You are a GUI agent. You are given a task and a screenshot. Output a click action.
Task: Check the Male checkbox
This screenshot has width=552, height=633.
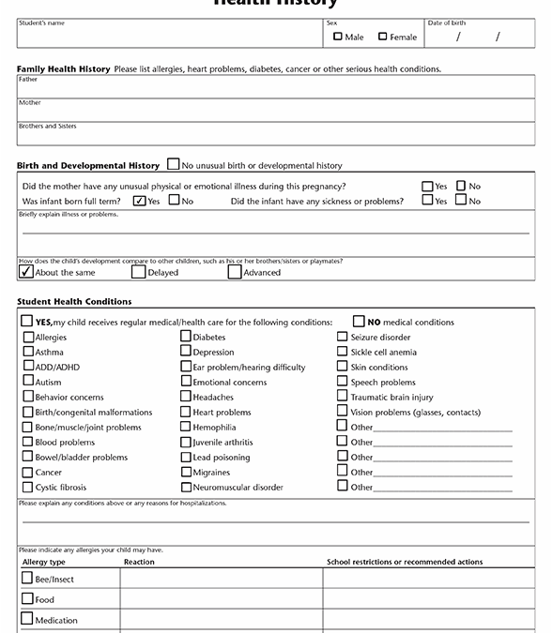point(338,37)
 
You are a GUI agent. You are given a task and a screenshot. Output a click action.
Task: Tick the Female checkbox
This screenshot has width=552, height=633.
point(383,37)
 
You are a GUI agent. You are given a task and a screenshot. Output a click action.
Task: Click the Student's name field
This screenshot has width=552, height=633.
point(169,37)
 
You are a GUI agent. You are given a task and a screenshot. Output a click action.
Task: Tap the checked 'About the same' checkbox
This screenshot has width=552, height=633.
point(25,272)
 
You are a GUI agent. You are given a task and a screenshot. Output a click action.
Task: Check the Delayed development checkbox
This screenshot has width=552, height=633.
point(138,272)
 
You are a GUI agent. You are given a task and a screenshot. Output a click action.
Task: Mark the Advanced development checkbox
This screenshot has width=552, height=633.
point(235,272)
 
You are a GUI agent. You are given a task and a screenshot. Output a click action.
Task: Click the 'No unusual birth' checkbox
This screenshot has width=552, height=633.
point(174,165)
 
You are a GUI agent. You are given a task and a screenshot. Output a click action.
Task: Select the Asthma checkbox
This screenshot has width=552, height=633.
point(27,353)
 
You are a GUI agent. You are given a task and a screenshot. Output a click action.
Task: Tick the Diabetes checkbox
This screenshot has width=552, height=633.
point(186,338)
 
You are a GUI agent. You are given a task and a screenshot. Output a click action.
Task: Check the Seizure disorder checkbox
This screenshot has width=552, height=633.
point(343,338)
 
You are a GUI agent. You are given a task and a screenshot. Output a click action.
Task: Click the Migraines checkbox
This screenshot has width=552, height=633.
point(186,473)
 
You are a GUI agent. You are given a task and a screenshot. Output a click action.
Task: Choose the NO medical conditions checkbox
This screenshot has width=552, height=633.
point(359,322)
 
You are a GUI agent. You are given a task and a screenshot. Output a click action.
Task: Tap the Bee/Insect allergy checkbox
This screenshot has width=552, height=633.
point(27,579)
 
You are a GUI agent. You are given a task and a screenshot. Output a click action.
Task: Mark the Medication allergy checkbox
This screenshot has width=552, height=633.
point(27,620)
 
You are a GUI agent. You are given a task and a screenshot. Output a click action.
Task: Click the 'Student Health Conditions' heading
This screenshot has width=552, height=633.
point(74,301)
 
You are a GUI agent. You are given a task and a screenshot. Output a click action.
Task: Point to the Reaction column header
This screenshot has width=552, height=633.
point(139,562)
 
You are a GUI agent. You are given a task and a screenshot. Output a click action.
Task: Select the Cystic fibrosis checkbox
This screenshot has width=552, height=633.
point(27,488)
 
